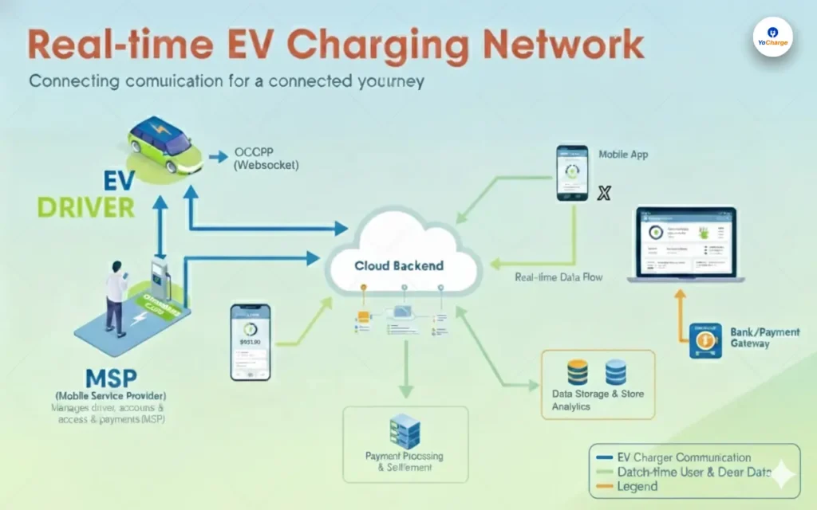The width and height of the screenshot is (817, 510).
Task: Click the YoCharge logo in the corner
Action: [x=772, y=37]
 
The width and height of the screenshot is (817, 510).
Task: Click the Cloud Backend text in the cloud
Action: [x=399, y=265]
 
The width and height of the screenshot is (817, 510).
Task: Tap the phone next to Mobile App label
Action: [x=572, y=172]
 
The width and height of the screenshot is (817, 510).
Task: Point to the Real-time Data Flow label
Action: [x=558, y=277]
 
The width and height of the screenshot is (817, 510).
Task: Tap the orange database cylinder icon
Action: [x=577, y=371]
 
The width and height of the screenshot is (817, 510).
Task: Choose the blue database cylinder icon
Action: [x=616, y=371]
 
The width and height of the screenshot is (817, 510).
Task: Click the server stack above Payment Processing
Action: [x=405, y=433]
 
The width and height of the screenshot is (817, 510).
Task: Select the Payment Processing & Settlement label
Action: [x=404, y=462]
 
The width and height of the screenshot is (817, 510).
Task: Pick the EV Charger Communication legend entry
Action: [x=684, y=457]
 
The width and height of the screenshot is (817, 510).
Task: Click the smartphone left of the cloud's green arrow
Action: [x=251, y=341]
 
